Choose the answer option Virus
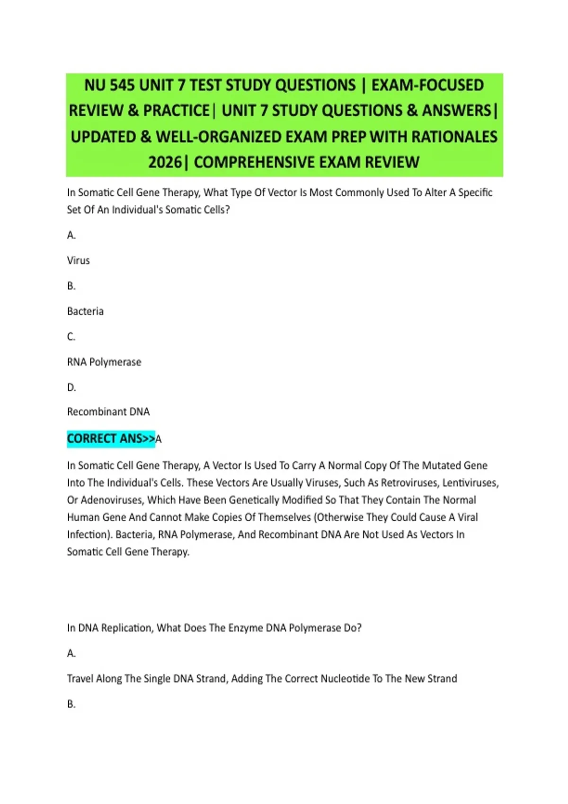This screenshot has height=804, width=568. [79, 261]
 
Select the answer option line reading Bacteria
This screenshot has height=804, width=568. [85, 311]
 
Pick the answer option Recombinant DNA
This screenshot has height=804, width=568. [108, 412]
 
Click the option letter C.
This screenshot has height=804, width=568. [71, 337]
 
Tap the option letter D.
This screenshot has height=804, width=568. [71, 388]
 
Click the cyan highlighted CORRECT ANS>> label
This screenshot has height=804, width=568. [111, 439]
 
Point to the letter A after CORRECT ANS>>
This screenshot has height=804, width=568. [159, 439]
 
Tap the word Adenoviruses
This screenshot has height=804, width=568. [112, 500]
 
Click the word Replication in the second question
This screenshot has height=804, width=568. [126, 628]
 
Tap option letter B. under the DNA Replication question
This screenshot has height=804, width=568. [71, 704]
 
